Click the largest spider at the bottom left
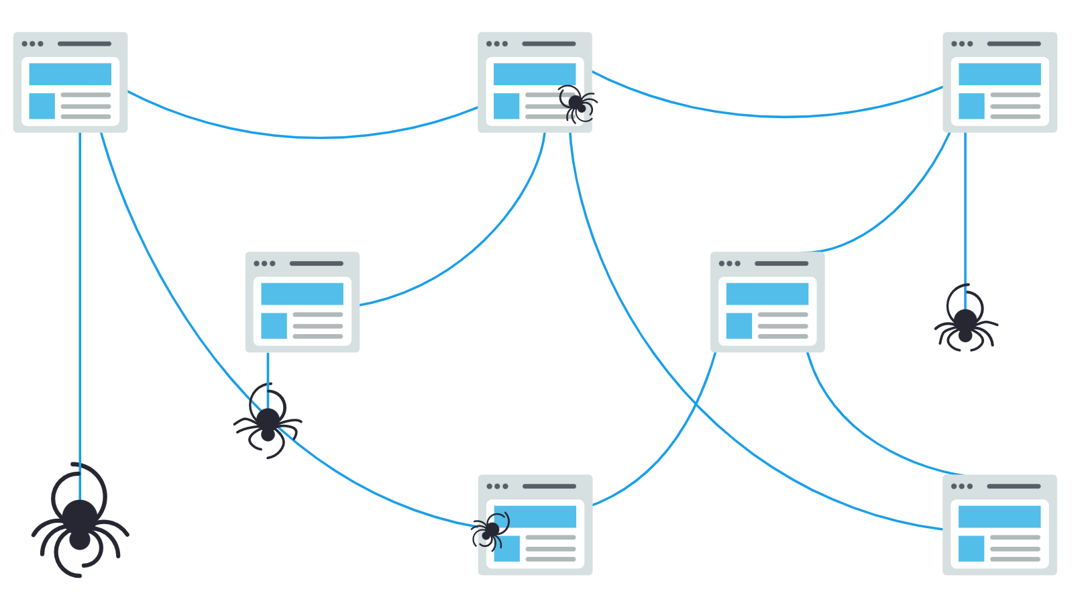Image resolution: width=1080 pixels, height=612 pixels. click(x=80, y=520)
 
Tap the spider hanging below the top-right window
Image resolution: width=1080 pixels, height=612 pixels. click(x=965, y=323)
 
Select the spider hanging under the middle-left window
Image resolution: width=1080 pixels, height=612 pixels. click(x=268, y=423)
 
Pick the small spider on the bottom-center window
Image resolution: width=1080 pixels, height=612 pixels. click(x=491, y=530)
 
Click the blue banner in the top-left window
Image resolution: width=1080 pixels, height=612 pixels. click(x=70, y=74)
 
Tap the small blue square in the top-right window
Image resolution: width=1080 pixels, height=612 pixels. click(x=971, y=106)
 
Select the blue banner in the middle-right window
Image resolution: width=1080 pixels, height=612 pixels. click(x=767, y=294)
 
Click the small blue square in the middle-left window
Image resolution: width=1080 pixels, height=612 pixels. click(x=274, y=325)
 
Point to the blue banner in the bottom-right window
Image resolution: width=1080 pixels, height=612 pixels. click(x=999, y=517)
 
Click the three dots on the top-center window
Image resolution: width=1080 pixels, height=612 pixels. click(x=497, y=44)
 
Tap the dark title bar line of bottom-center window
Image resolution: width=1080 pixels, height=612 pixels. click(x=549, y=487)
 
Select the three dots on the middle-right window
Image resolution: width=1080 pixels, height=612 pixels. click(x=729, y=264)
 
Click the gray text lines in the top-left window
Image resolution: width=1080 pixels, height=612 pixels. click(x=86, y=106)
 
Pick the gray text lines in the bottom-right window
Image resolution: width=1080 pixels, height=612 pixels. click(x=1014, y=548)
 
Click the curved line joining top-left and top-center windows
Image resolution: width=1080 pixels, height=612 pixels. click(x=321, y=138)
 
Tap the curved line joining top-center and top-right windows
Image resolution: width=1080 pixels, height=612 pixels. click(x=785, y=117)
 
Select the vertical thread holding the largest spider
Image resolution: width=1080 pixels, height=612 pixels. click(x=80, y=302)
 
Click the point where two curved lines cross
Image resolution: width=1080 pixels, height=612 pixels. click(x=696, y=405)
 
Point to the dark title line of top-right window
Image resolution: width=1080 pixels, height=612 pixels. click(x=1014, y=44)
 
